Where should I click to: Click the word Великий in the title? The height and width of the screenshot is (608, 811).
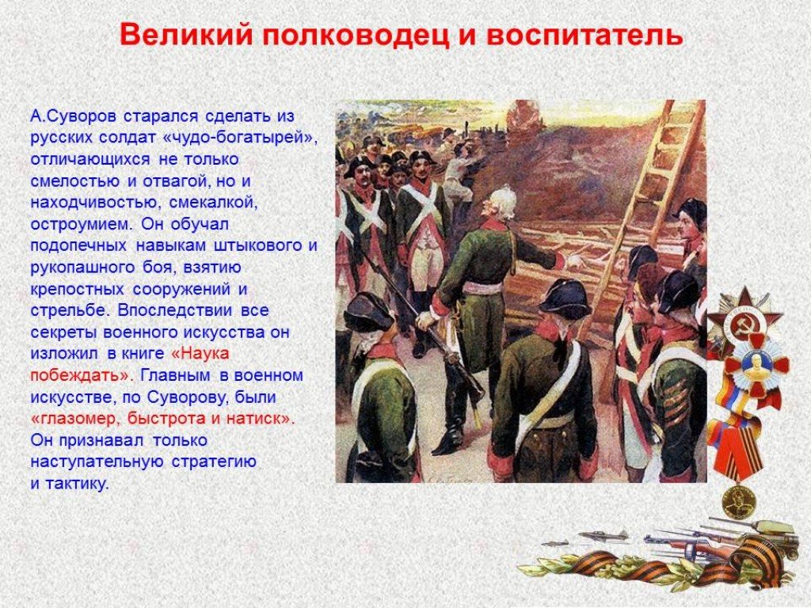click(x=186, y=36)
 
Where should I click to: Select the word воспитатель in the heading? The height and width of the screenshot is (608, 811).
click(x=585, y=36)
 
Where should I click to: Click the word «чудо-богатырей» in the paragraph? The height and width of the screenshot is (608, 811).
click(x=243, y=138)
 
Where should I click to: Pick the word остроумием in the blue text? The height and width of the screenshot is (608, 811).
click(x=82, y=225)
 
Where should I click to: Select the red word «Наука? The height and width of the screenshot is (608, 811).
click(x=200, y=354)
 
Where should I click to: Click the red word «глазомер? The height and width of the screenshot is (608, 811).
click(x=75, y=419)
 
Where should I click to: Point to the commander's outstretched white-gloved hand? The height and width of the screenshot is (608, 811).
click(x=574, y=260)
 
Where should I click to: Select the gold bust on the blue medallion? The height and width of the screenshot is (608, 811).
click(x=756, y=363)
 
